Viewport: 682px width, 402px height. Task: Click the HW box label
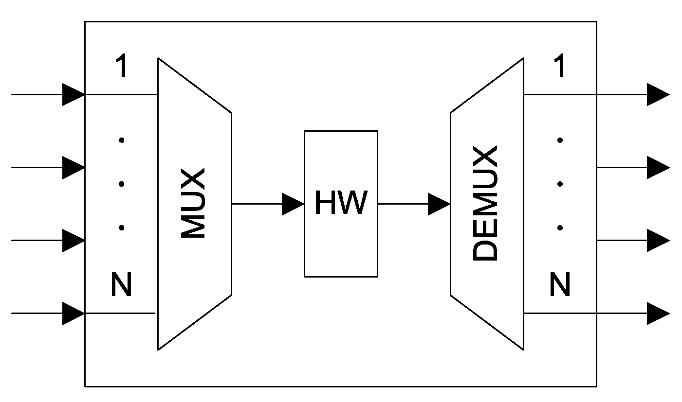tap(340, 203)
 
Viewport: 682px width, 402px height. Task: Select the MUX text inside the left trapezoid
tap(193, 204)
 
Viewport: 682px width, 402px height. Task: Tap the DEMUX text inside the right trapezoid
tap(486, 204)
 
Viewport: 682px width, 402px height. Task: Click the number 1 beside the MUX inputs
tap(121, 67)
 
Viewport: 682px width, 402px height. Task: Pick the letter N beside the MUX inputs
tap(121, 285)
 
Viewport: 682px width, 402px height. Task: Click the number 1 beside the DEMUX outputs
tap(560, 67)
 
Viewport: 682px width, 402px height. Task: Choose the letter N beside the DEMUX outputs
tap(560, 285)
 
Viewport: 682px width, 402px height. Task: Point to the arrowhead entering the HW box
tap(293, 204)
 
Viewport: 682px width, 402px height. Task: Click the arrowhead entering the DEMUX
tap(439, 204)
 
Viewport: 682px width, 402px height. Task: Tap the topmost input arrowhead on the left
tap(74, 94)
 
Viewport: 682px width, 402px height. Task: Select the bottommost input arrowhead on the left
tap(74, 314)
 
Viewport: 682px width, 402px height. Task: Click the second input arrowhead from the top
tap(74, 167)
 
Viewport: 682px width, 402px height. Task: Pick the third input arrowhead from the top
tap(74, 240)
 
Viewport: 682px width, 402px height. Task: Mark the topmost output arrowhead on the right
tap(658, 94)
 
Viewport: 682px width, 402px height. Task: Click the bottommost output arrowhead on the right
tap(658, 314)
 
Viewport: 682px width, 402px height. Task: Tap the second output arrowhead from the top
tap(658, 167)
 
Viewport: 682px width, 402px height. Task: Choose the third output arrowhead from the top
tap(658, 240)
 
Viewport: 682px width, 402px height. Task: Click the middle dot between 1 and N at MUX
tap(122, 184)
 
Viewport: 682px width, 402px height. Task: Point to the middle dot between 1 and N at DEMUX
tap(560, 184)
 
